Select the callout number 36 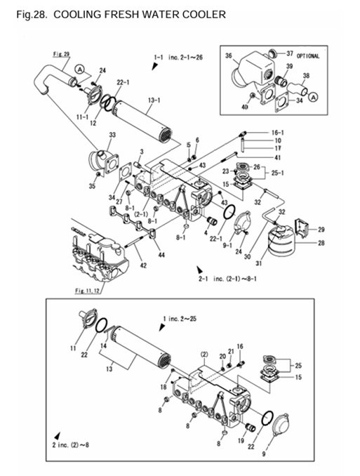click(228, 55)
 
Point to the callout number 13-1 click(154, 100)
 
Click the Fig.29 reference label click(60, 53)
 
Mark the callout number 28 click(321, 243)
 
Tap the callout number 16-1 click(277, 132)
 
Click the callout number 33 click(112, 135)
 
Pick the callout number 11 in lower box click(72, 348)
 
